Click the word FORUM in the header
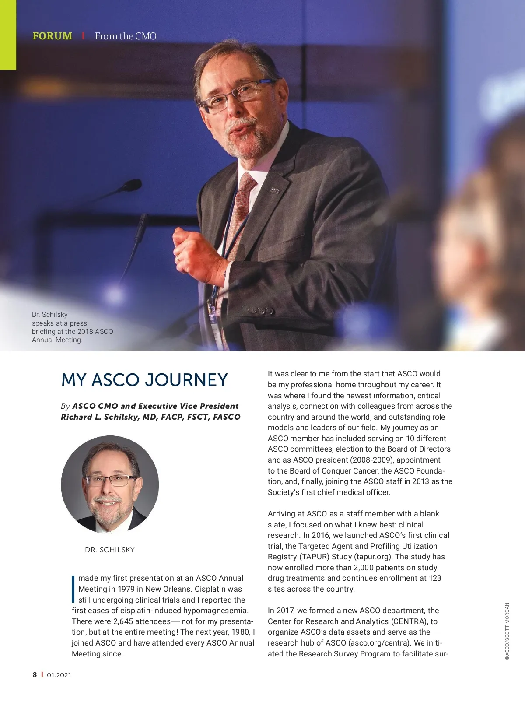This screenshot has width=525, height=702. click(52, 36)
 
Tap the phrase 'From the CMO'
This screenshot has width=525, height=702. click(126, 36)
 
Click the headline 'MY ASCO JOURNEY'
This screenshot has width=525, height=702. click(144, 380)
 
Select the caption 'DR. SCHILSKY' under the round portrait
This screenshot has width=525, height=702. click(110, 550)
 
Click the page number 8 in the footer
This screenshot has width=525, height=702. click(35, 675)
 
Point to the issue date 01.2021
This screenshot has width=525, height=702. click(59, 675)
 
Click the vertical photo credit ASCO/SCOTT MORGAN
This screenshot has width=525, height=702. click(507, 631)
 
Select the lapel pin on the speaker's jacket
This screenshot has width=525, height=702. click(274, 190)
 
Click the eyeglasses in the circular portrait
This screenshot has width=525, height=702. click(110, 481)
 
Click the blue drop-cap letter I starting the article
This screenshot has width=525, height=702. click(73, 589)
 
